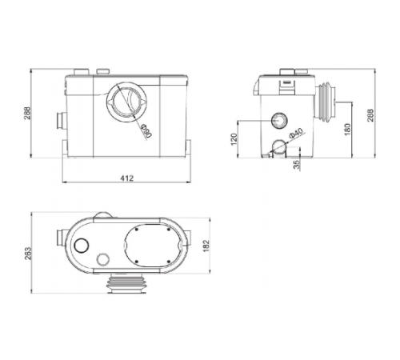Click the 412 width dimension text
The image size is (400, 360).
126,178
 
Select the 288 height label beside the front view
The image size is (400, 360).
28,113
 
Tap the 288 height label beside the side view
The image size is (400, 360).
370,115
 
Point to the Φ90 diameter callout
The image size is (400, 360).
146,130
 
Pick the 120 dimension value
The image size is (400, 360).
234,139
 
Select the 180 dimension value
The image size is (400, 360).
347,130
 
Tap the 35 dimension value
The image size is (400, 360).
297,165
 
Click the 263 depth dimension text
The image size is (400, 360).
28,254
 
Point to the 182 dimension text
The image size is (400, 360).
206,246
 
